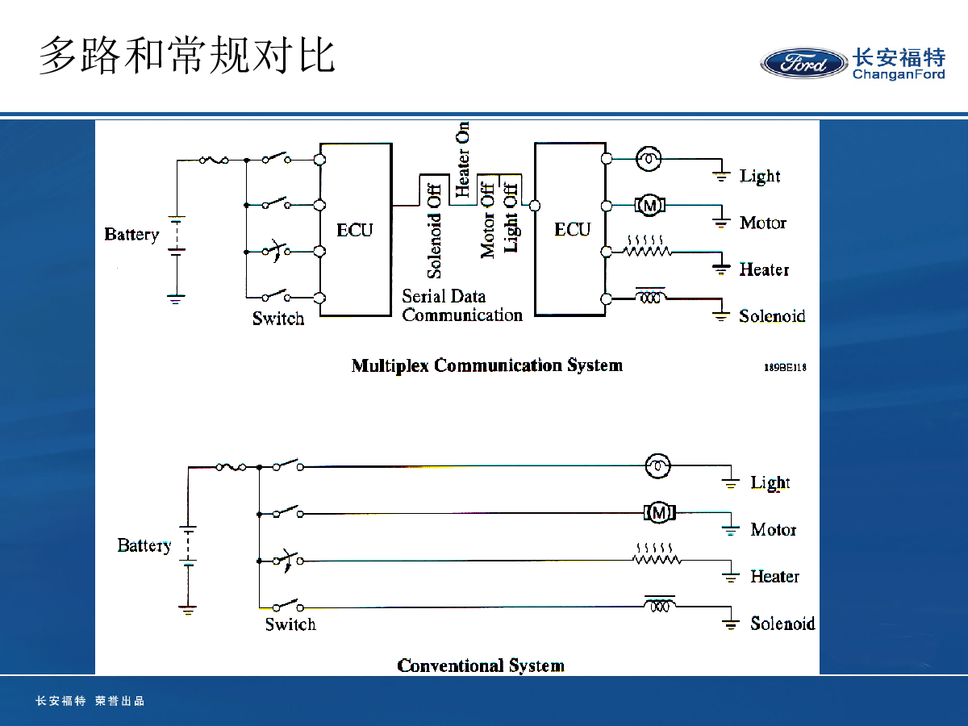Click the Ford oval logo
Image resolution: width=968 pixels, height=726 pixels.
(x=803, y=63)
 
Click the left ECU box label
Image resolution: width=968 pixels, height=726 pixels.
(x=355, y=230)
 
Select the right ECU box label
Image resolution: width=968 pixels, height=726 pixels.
(x=573, y=230)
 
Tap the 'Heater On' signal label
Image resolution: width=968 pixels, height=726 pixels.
(x=463, y=160)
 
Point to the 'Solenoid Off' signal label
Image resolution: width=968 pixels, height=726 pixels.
(x=434, y=227)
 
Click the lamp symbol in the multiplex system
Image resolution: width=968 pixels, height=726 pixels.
(x=648, y=159)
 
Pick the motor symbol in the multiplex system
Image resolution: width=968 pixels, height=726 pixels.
(x=649, y=206)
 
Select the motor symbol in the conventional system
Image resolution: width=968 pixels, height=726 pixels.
(x=660, y=512)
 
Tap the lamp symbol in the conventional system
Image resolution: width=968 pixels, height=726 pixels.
(x=658, y=465)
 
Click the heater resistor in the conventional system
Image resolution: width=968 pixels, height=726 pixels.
(x=657, y=557)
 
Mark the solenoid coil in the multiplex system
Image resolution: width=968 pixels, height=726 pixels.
(x=650, y=297)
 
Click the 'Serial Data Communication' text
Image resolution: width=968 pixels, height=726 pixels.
(x=462, y=306)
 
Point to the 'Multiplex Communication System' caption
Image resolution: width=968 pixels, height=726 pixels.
(x=486, y=365)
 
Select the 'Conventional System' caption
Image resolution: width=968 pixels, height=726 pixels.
(x=481, y=665)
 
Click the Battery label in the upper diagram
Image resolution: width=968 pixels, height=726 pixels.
(x=131, y=235)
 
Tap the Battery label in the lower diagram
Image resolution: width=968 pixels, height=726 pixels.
(x=144, y=546)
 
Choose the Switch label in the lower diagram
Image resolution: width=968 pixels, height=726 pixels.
(x=290, y=624)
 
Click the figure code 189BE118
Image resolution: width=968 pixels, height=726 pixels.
(x=785, y=367)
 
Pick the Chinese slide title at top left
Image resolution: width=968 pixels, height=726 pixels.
(x=187, y=56)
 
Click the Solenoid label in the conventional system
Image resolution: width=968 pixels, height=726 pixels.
(x=782, y=624)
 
